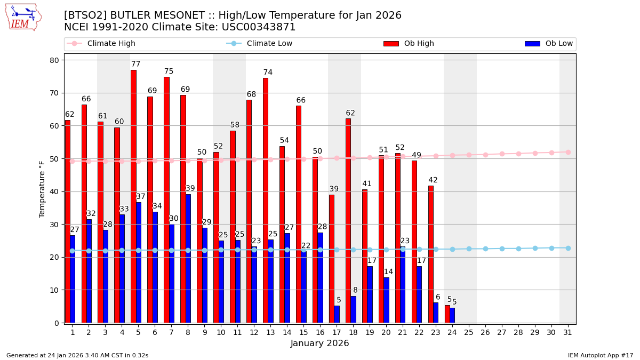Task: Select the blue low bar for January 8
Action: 188,258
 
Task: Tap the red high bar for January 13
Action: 265,200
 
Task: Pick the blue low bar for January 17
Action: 337,314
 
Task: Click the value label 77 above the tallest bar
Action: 136,65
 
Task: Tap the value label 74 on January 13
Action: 268,73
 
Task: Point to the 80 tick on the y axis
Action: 54,60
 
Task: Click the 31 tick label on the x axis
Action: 568,332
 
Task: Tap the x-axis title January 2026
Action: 320,343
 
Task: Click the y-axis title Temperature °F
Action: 42,189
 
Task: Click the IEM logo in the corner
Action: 23,17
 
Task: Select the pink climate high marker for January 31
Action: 568,152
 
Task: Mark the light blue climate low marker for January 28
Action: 518,249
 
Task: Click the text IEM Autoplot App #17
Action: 601,355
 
